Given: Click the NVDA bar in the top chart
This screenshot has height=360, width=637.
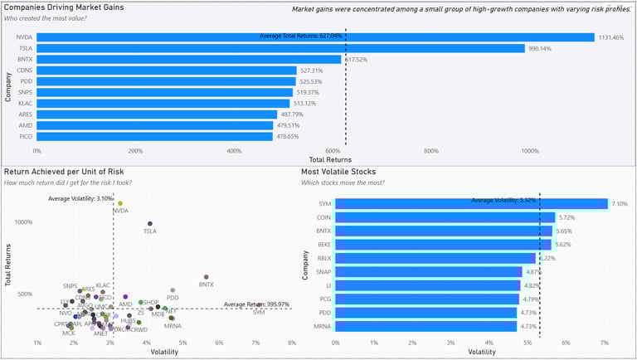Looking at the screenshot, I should tap(315, 37).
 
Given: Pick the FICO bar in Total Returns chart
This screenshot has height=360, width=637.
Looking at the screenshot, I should tap(154, 136).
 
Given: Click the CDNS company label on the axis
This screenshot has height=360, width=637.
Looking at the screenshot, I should tap(24, 71).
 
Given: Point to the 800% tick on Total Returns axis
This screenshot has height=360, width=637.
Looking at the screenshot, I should tap(430, 151).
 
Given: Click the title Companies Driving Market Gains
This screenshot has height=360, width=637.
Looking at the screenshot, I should tap(66, 7).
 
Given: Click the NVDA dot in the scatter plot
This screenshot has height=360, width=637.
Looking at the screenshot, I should tap(120, 203).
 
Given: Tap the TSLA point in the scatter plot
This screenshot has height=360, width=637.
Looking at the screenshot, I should tap(150, 223).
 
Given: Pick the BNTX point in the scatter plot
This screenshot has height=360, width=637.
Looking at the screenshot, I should tap(206, 277).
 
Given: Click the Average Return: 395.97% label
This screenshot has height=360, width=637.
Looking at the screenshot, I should tap(255, 304).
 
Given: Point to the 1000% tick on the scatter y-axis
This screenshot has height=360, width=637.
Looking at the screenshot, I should tap(22, 221).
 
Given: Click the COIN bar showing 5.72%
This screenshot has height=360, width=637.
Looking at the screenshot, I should tap(445, 217).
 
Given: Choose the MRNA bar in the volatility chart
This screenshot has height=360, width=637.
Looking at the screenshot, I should tap(425, 326).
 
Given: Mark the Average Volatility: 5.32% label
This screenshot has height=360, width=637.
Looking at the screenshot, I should tap(503, 199).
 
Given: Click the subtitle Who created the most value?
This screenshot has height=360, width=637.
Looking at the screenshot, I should tap(41, 18).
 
